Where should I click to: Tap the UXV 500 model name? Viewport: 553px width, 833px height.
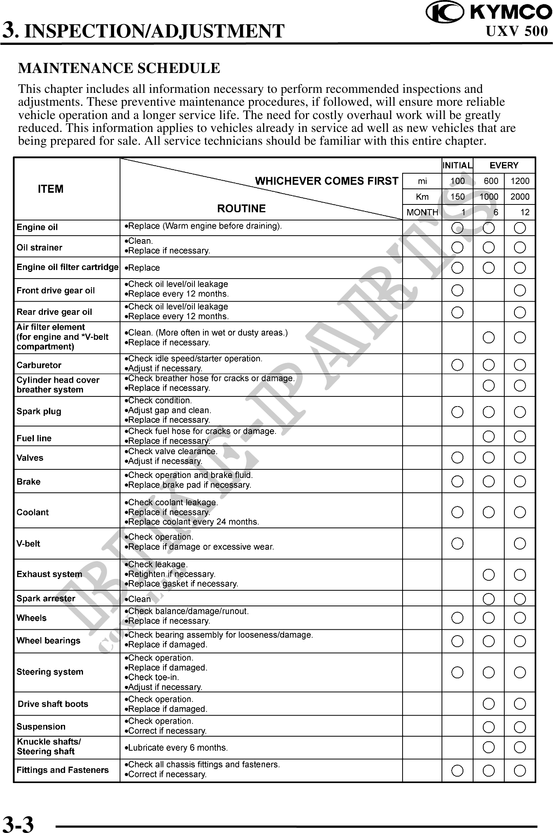[x=517, y=31]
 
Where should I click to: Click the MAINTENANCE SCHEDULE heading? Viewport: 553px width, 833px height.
[x=119, y=68]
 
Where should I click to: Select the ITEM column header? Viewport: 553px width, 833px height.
[x=51, y=189]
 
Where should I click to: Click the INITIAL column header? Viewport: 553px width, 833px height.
[x=458, y=165]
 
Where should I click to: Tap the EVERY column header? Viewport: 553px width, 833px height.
[x=504, y=165]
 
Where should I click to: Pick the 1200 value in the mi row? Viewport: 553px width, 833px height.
[x=520, y=181]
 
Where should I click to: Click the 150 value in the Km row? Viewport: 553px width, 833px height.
[x=458, y=197]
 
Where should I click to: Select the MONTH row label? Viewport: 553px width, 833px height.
[x=422, y=212]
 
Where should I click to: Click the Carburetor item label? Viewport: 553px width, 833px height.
[x=39, y=365]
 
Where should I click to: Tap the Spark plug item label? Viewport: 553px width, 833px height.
[x=39, y=411]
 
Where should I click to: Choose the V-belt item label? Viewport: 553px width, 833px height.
[x=28, y=543]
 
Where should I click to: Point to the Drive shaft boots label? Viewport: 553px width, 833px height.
[x=53, y=704]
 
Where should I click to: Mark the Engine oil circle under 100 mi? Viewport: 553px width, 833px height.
[x=458, y=228]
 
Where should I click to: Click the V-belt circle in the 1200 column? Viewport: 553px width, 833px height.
[x=520, y=543]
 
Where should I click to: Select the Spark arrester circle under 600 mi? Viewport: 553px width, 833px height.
[x=489, y=599]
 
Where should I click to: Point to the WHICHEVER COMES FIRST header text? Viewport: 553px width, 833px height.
[x=327, y=181]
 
